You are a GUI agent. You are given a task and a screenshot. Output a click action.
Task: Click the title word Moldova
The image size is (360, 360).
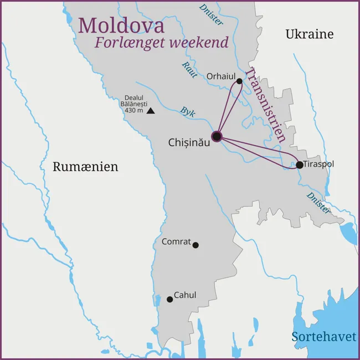[x=121, y=25]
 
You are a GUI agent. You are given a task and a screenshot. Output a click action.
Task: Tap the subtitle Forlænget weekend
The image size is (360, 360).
[x=161, y=43]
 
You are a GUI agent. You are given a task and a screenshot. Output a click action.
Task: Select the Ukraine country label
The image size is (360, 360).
[x=310, y=34]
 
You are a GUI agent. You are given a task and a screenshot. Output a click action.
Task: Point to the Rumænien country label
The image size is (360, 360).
[x=85, y=167]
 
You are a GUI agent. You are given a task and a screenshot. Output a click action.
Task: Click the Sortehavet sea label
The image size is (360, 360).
[x=324, y=337]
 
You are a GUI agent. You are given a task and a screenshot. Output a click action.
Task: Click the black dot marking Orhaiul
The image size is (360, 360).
[x=239, y=81]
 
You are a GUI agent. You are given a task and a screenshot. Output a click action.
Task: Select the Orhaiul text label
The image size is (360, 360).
[x=220, y=76]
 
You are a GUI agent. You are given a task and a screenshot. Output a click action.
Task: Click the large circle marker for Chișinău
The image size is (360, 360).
[x=217, y=136]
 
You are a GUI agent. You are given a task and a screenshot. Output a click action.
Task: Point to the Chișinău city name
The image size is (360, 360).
[x=189, y=142]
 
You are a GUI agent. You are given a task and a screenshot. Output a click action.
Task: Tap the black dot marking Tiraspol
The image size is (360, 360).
[x=299, y=164]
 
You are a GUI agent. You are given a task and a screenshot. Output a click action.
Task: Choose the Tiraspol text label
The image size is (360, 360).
[x=319, y=164]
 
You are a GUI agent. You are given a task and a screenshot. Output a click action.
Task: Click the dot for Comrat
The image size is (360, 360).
[x=196, y=245]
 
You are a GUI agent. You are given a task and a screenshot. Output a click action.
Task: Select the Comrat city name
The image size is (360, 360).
[x=176, y=242]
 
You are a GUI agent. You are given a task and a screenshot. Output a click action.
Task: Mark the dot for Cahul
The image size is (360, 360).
[x=170, y=299]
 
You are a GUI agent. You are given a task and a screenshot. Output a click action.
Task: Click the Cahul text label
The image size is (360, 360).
[x=185, y=295]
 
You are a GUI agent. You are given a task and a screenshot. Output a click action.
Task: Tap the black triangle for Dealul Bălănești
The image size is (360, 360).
[x=150, y=111]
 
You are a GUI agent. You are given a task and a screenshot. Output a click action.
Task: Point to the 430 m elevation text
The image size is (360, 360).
[x=133, y=110]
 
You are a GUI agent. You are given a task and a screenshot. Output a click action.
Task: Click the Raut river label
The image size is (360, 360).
[x=188, y=69]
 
